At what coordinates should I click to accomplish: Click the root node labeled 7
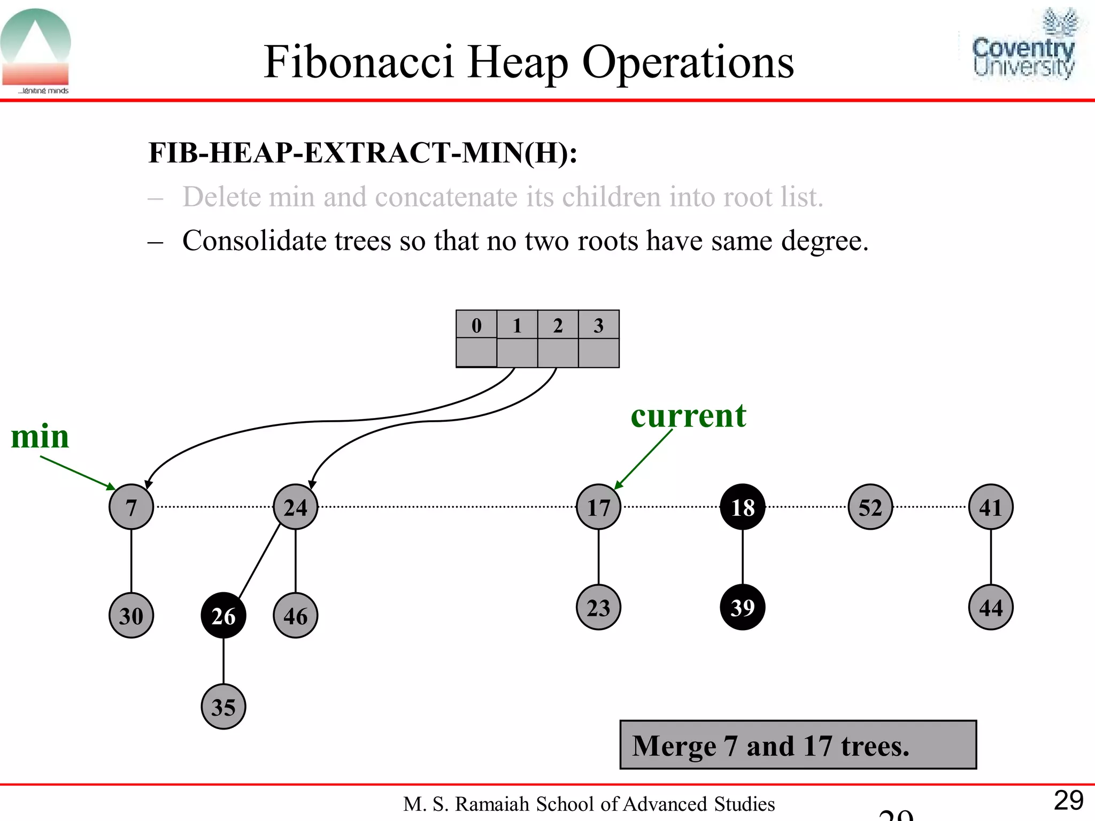[x=131, y=507]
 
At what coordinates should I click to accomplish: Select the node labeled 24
[x=295, y=507]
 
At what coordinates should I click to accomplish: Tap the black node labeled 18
[x=742, y=507]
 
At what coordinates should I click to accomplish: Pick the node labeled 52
[x=870, y=507]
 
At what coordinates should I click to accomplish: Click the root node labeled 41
[x=990, y=507]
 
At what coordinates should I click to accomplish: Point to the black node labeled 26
[x=223, y=616]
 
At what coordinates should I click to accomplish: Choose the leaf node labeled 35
[x=223, y=707]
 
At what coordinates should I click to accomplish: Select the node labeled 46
[x=295, y=616]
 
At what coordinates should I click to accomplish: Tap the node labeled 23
[x=598, y=607]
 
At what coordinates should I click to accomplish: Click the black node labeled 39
[x=742, y=607]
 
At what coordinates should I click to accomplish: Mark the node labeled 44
[x=990, y=607]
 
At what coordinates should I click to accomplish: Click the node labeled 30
[x=131, y=616]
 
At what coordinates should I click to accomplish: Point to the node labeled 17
[x=598, y=507]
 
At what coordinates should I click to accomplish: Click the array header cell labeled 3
[x=598, y=324]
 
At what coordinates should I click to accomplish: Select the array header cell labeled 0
[x=476, y=324]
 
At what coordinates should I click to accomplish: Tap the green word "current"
[x=688, y=416]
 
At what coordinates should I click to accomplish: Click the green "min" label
[x=40, y=436]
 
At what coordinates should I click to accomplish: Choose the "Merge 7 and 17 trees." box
[x=798, y=745]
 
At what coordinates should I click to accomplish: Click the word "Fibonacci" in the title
[x=358, y=62]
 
